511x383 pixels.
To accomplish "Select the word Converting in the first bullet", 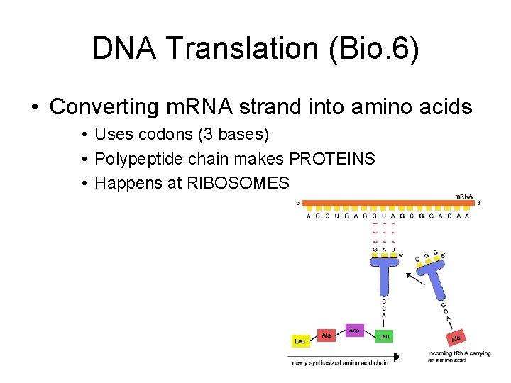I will [x=104, y=107].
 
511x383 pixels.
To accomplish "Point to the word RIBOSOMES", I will [x=238, y=184].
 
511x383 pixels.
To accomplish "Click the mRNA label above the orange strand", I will [x=464, y=196].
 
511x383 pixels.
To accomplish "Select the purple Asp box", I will [x=354, y=330].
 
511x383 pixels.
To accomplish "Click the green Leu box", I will [x=384, y=335].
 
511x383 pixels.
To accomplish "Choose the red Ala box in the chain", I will [x=326, y=335].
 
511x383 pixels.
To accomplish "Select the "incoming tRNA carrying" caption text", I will [x=459, y=353].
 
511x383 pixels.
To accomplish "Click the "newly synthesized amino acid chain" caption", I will [x=341, y=363].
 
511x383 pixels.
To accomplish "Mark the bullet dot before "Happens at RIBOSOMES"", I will [x=84, y=184].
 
